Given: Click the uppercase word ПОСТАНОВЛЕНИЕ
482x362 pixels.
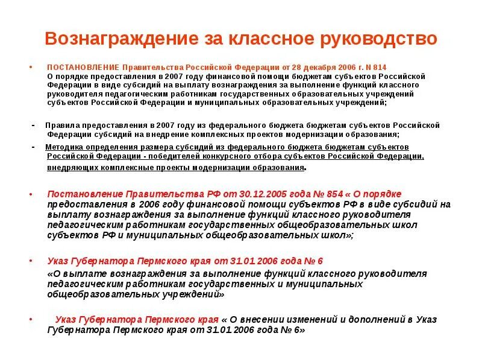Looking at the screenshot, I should tap(83, 67).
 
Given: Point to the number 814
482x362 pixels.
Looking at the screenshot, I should tap(378, 67).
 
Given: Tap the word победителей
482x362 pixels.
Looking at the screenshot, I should tap(178, 156).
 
